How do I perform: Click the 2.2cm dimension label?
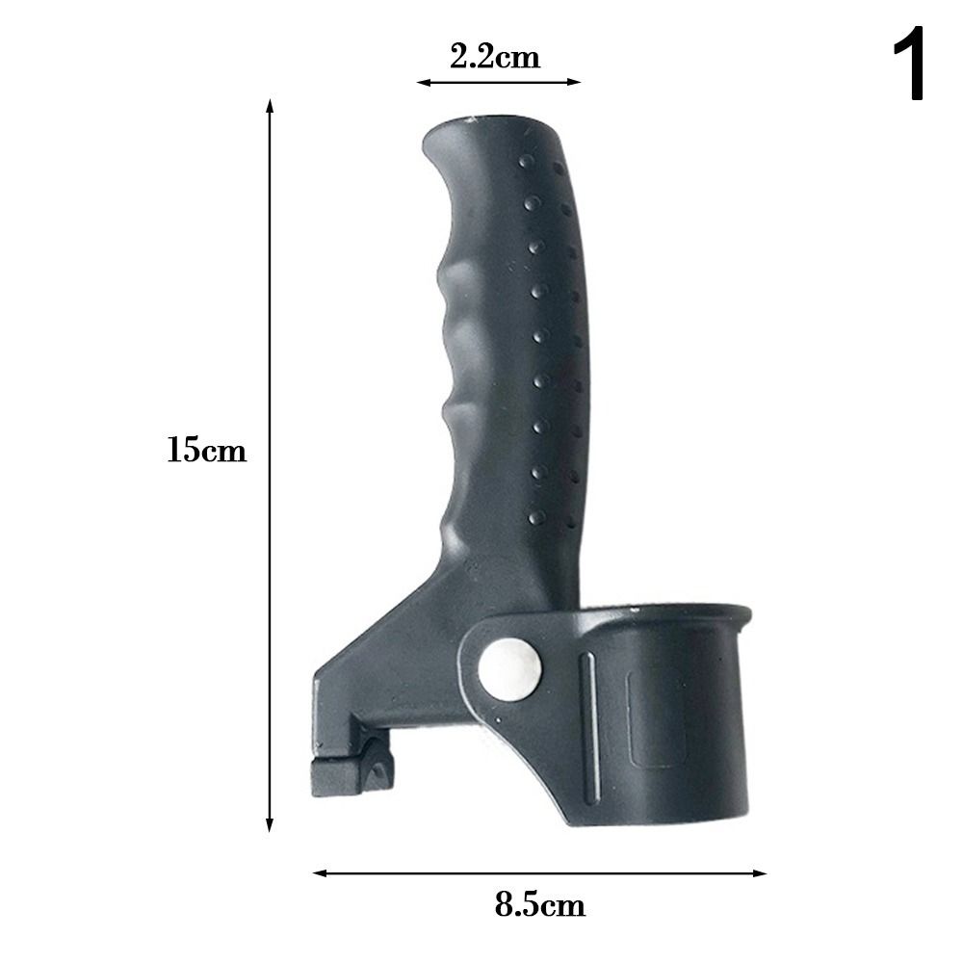495,57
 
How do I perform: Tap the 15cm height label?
206,450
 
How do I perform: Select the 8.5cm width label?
539,905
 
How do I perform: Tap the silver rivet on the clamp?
509,665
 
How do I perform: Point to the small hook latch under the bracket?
351,775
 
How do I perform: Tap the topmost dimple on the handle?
525,160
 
